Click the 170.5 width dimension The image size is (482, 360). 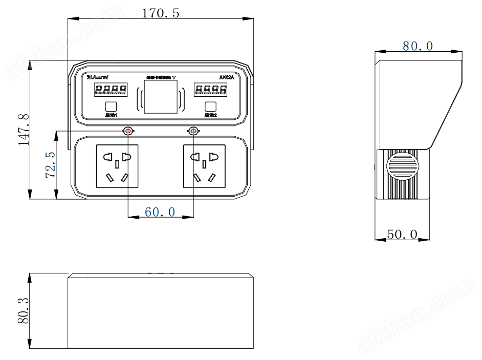pos(161,13)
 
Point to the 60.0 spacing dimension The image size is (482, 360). pos(160,211)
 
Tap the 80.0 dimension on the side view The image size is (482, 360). pos(418,46)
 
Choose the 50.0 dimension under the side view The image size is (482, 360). pos(402,235)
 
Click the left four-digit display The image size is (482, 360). pos(111,91)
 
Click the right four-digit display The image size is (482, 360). pos(210,91)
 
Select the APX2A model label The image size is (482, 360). pos(226,77)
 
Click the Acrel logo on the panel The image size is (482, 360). pos(100,77)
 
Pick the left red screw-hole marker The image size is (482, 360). pos(127,131)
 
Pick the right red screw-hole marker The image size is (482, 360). pos(193,131)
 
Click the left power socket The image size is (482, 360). pos(117,166)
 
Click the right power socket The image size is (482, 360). pos(204,166)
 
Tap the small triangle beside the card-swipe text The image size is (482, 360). pos(174,78)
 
